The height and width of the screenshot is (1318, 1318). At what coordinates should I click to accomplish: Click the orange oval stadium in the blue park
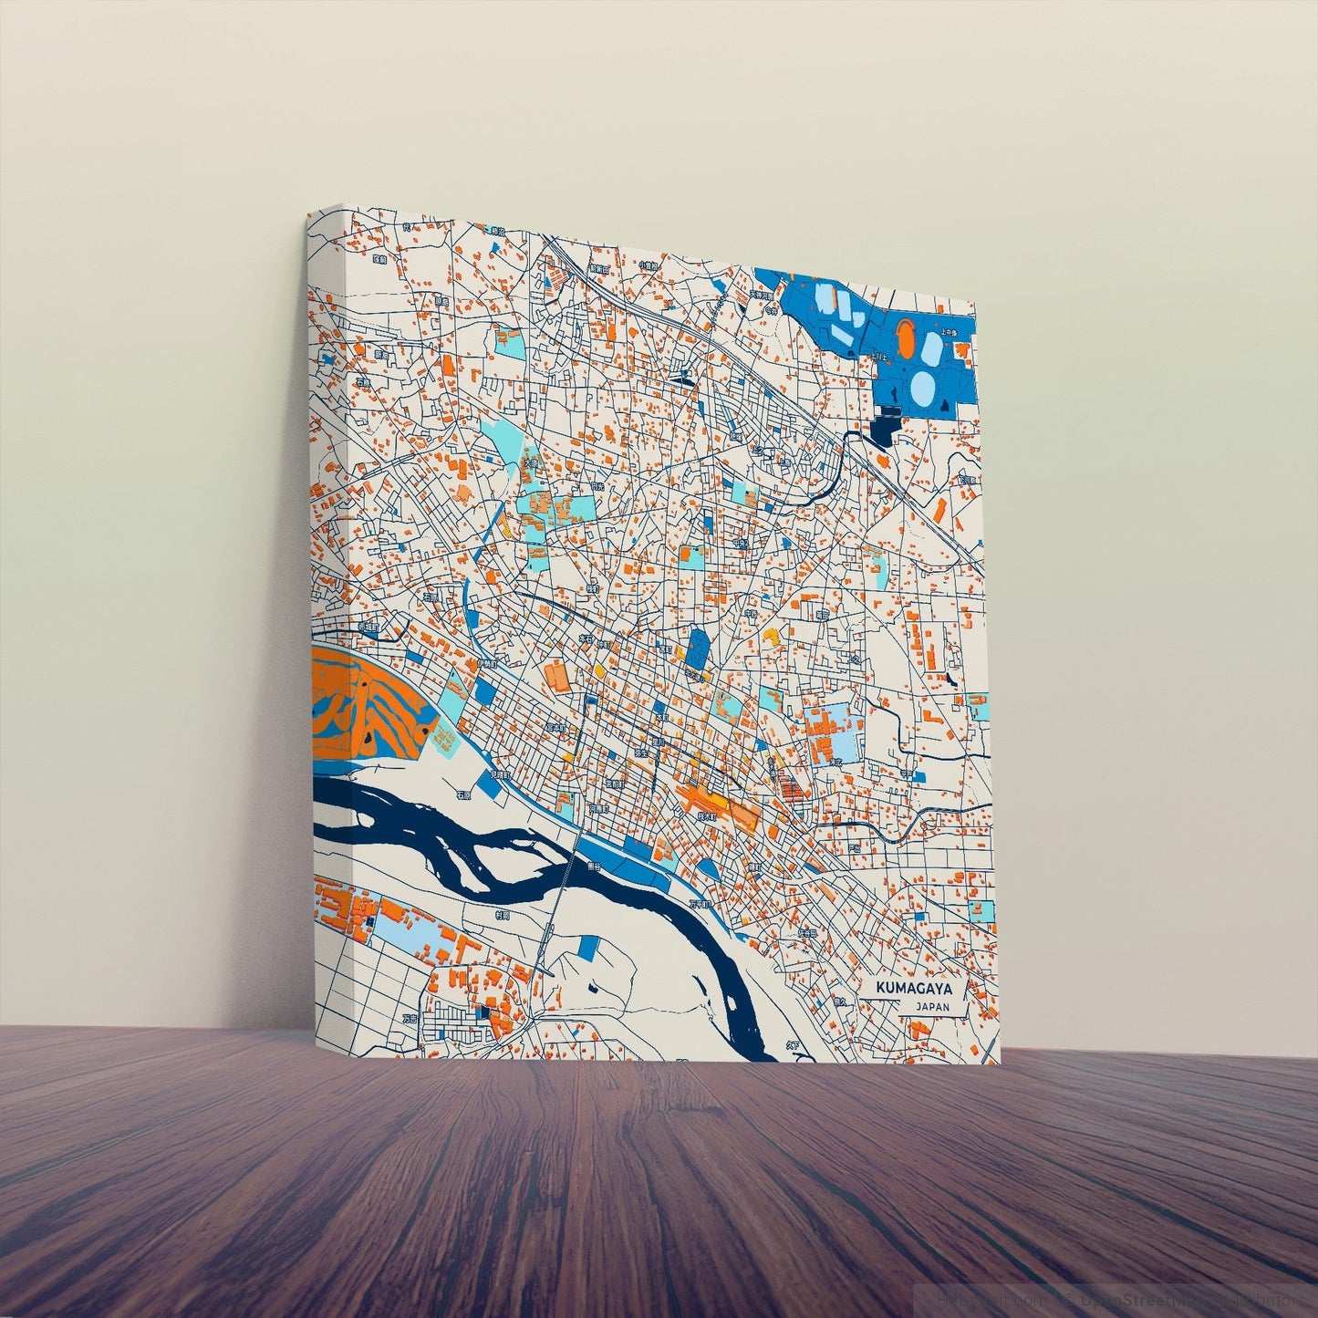(906, 338)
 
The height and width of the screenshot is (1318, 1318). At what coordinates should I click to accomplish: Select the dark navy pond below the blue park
(886, 424)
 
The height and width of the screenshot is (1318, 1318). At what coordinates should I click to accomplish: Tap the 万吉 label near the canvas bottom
(410, 1018)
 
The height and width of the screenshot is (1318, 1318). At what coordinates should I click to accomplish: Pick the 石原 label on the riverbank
(464, 794)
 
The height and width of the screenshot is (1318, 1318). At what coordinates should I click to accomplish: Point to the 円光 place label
(597, 489)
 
